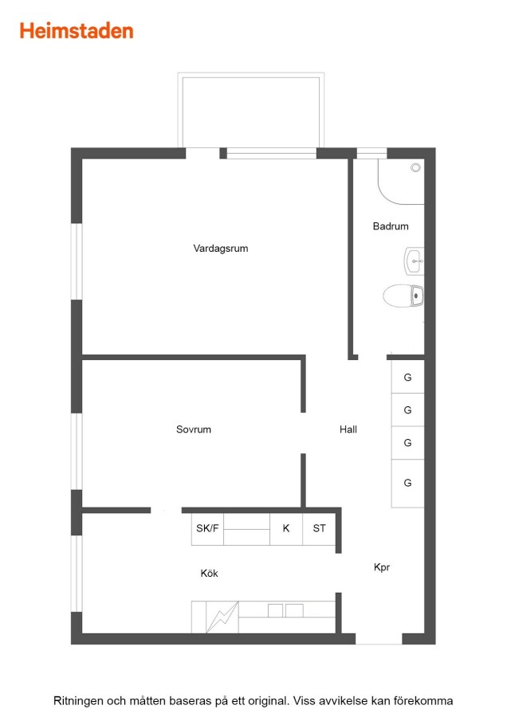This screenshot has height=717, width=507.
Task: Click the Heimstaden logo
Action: (77, 31)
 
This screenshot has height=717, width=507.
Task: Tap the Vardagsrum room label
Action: (221, 249)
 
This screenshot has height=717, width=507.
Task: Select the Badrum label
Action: (391, 226)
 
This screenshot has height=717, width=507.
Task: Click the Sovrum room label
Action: (194, 429)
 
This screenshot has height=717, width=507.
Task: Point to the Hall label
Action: (348, 429)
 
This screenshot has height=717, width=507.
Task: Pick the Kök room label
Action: (209, 573)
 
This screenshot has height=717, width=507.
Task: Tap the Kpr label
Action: (382, 567)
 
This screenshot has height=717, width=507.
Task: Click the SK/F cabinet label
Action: (207, 528)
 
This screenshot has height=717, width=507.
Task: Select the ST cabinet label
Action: (320, 528)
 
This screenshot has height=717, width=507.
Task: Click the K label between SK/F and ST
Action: (286, 528)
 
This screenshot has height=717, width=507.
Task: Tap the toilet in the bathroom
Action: (403, 296)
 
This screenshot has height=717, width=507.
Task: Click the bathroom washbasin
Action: (414, 261)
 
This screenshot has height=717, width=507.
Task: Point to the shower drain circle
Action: (415, 168)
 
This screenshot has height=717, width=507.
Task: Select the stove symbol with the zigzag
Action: (222, 617)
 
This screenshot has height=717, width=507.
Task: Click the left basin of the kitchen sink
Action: (275, 610)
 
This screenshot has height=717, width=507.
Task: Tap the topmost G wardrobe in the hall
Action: (407, 377)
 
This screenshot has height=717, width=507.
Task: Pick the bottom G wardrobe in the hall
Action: (407, 483)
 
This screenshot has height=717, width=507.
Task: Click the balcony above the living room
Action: (251, 110)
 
